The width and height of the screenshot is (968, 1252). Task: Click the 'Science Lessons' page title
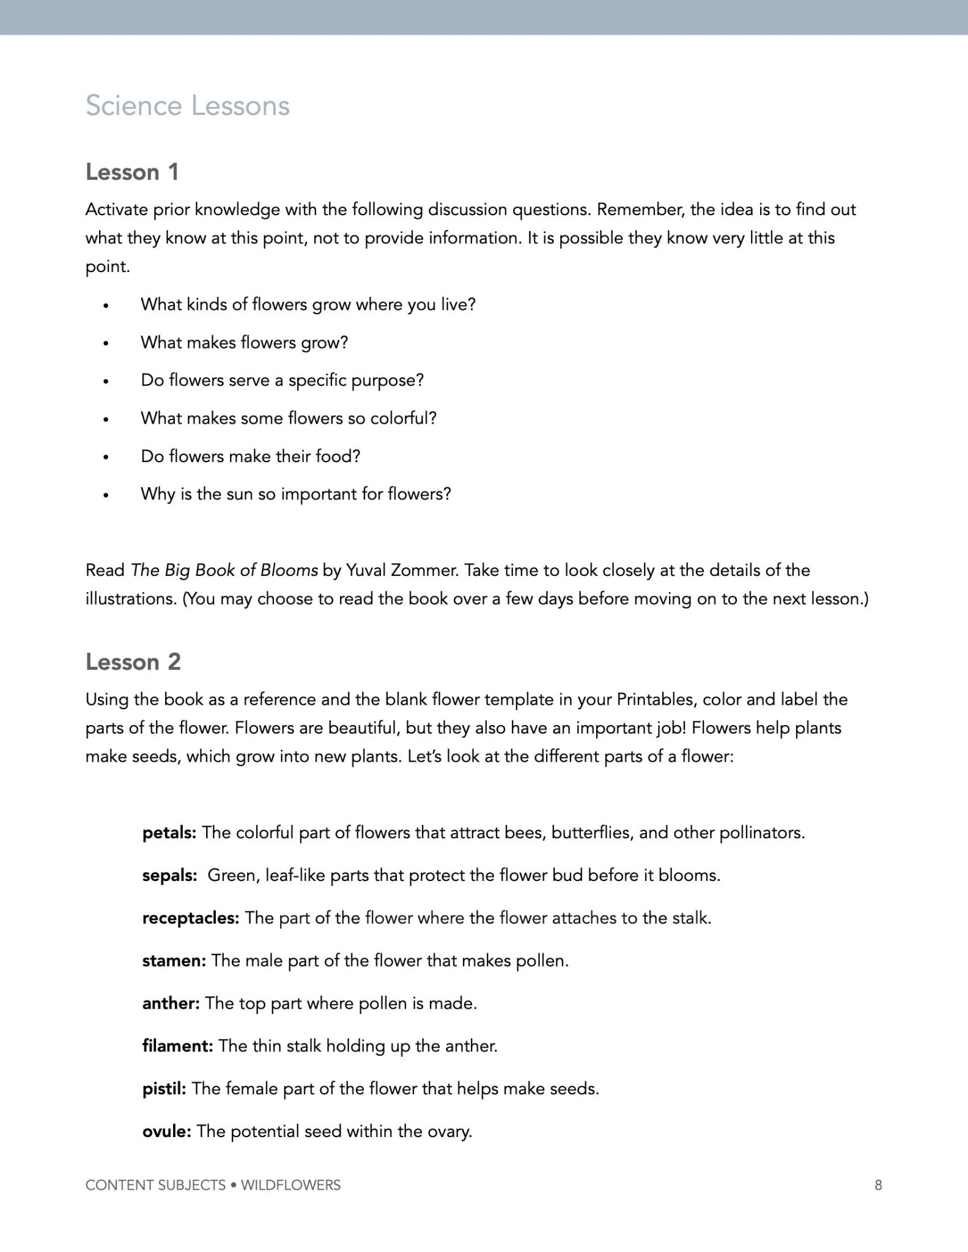pyautogui.click(x=187, y=106)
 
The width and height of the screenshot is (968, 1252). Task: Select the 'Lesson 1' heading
pyautogui.click(x=132, y=172)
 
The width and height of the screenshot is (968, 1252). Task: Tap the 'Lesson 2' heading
pyautogui.click(x=133, y=662)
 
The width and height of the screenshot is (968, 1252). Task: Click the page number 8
pyautogui.click(x=878, y=1185)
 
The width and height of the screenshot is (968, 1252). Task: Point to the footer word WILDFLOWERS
pyautogui.click(x=290, y=1185)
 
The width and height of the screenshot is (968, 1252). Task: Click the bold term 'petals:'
pyautogui.click(x=169, y=833)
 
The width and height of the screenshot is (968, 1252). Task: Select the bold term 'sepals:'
pyautogui.click(x=169, y=875)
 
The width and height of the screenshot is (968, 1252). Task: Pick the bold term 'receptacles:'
pyautogui.click(x=190, y=918)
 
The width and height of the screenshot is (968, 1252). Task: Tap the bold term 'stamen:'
pyautogui.click(x=174, y=960)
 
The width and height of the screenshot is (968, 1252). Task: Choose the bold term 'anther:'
pyautogui.click(x=171, y=1003)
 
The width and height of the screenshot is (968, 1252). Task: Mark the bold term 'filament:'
pyautogui.click(x=177, y=1046)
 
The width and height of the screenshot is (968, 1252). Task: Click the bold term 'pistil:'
pyautogui.click(x=164, y=1088)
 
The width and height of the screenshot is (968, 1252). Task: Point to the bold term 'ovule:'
pyautogui.click(x=166, y=1131)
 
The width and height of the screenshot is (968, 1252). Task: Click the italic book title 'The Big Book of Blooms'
pyautogui.click(x=224, y=570)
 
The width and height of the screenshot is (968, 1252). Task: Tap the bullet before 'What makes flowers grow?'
pyautogui.click(x=106, y=344)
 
